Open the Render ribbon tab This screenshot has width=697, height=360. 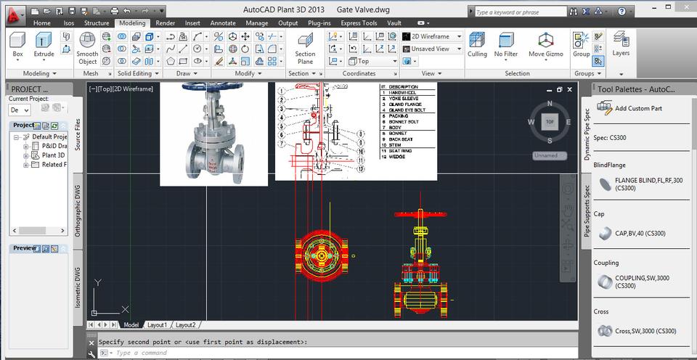pyautogui.click(x=166, y=23)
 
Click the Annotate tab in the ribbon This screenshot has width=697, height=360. pyautogui.click(x=223, y=23)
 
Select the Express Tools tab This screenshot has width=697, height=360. pyautogui.click(x=359, y=23)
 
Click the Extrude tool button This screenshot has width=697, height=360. pyautogui.click(x=44, y=45)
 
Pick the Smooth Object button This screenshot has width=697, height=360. pyautogui.click(x=88, y=49)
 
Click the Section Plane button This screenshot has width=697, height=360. pyautogui.click(x=305, y=49)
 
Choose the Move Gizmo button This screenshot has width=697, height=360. pyautogui.click(x=545, y=45)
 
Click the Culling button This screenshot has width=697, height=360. pyautogui.click(x=477, y=45)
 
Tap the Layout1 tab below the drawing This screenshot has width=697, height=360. pyautogui.click(x=158, y=325)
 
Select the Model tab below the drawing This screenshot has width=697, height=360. pyautogui.click(x=131, y=325)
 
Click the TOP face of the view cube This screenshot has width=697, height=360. pyautogui.click(x=550, y=122)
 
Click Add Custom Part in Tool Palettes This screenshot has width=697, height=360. pyautogui.click(x=637, y=108)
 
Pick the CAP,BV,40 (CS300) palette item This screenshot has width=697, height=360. pyautogui.click(x=640, y=234)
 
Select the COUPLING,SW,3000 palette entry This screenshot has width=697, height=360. pyautogui.click(x=642, y=282)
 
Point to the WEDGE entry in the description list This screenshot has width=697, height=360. pyautogui.click(x=398, y=156)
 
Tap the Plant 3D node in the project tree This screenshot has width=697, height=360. pyautogui.click(x=53, y=155)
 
